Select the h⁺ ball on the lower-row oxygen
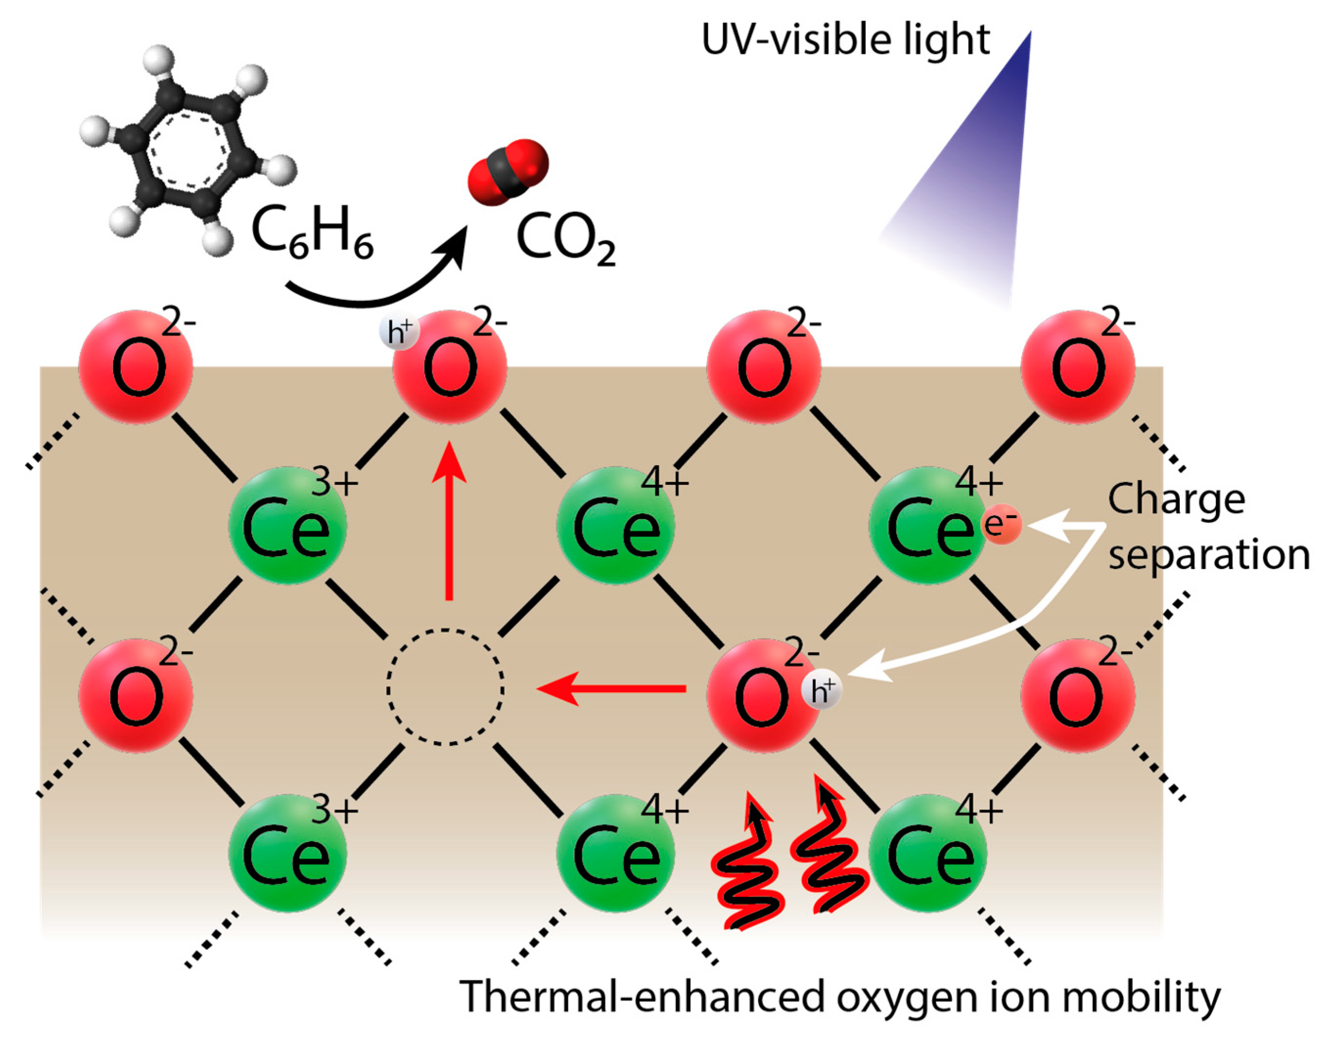(x=822, y=691)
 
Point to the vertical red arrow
(x=449, y=523)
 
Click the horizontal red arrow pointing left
(x=609, y=689)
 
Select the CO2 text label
(x=565, y=241)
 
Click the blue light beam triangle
(x=974, y=182)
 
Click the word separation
(x=1209, y=555)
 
